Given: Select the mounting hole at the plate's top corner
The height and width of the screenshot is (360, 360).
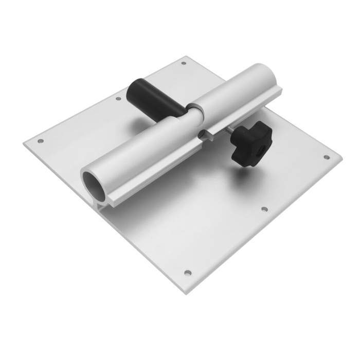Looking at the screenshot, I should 184,64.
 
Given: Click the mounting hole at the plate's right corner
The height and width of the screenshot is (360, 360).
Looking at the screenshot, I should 326,157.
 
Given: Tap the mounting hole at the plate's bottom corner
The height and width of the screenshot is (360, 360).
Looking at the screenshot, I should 188,273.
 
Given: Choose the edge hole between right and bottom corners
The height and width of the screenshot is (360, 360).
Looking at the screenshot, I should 264,210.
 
